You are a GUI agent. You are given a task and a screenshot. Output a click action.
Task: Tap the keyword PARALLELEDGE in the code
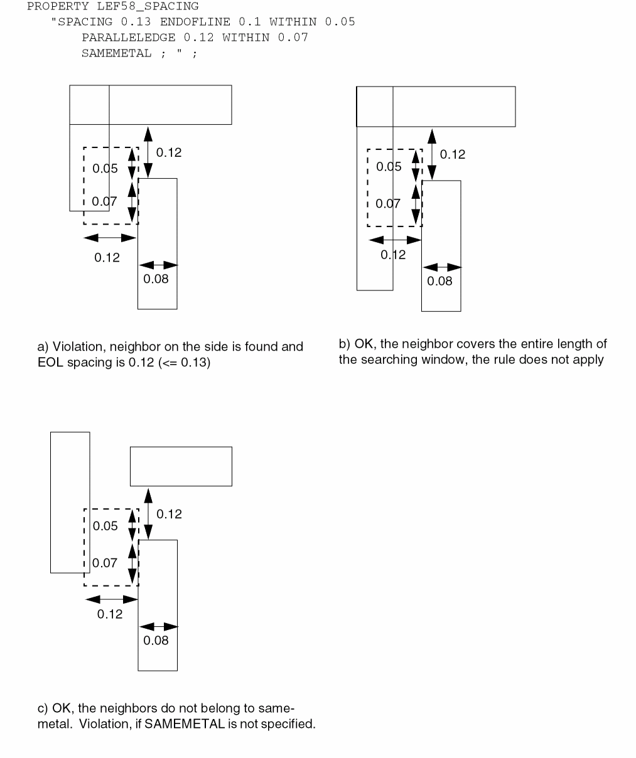click(128, 38)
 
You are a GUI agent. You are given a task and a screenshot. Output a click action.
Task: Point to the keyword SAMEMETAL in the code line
click(116, 53)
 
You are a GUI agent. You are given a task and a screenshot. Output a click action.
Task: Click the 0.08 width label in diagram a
click(156, 279)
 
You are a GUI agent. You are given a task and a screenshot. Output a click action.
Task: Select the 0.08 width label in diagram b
click(439, 281)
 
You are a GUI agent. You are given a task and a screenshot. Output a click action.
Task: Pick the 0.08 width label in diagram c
click(156, 641)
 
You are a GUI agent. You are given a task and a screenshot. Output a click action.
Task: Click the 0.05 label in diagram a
click(105, 169)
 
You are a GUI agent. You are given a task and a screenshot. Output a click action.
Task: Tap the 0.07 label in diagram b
click(388, 204)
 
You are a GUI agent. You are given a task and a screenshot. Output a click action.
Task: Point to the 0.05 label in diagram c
click(105, 526)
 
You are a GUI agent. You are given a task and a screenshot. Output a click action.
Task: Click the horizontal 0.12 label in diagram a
click(107, 258)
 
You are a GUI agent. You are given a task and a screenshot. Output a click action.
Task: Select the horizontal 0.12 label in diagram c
click(110, 614)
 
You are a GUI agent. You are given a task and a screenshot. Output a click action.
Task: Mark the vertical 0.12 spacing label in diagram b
click(453, 155)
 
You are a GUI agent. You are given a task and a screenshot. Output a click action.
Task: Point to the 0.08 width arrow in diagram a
click(158, 265)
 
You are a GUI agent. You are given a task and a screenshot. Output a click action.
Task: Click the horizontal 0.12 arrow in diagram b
click(395, 240)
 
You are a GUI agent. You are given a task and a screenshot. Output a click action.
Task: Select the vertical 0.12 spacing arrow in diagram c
click(148, 513)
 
